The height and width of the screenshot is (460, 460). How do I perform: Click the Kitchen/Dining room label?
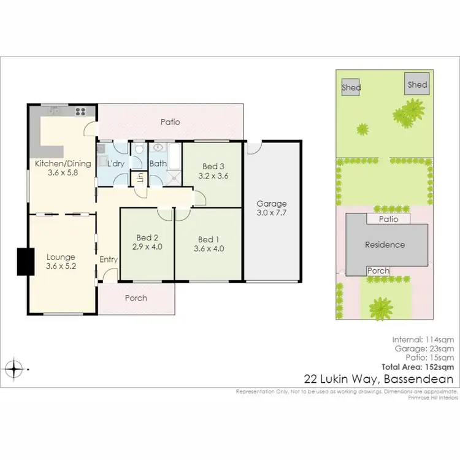[x=63, y=163]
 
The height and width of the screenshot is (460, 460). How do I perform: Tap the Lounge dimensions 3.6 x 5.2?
[x=60, y=267]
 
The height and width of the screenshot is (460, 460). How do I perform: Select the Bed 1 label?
[x=207, y=239]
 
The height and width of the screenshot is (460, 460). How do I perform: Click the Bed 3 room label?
[x=213, y=166]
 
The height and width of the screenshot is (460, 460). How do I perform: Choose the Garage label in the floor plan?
[x=272, y=204]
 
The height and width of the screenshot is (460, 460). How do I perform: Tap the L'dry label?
[x=117, y=164]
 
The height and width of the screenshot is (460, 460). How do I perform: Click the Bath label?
[x=158, y=164]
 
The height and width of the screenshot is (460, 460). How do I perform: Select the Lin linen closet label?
[x=140, y=178]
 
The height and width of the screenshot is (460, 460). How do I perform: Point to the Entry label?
[x=109, y=259]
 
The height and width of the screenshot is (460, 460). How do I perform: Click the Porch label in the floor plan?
[x=136, y=298]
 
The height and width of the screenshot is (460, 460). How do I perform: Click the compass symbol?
[x=14, y=369]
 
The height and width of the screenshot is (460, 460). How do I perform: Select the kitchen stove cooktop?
[x=80, y=111]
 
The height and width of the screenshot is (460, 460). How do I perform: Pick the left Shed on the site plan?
[x=351, y=88]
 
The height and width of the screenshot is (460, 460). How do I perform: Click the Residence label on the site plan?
[x=385, y=245]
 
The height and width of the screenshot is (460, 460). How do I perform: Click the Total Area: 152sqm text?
[x=423, y=367]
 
